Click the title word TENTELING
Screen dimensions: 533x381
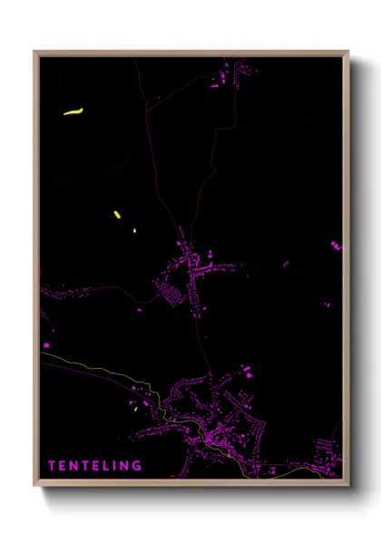95,466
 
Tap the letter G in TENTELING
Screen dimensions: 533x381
137,466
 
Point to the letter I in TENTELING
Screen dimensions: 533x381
117,466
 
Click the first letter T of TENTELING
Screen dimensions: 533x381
52,466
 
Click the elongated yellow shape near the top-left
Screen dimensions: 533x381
73,112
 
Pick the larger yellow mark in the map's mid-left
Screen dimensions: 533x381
117,215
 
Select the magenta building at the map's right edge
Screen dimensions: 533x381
336,245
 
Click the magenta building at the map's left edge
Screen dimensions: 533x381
45,344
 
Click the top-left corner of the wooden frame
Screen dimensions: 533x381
34,52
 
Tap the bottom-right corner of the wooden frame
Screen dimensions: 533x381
347,486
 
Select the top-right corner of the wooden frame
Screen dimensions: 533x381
347,52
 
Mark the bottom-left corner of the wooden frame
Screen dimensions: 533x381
34,486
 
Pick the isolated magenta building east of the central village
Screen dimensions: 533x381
285,264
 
